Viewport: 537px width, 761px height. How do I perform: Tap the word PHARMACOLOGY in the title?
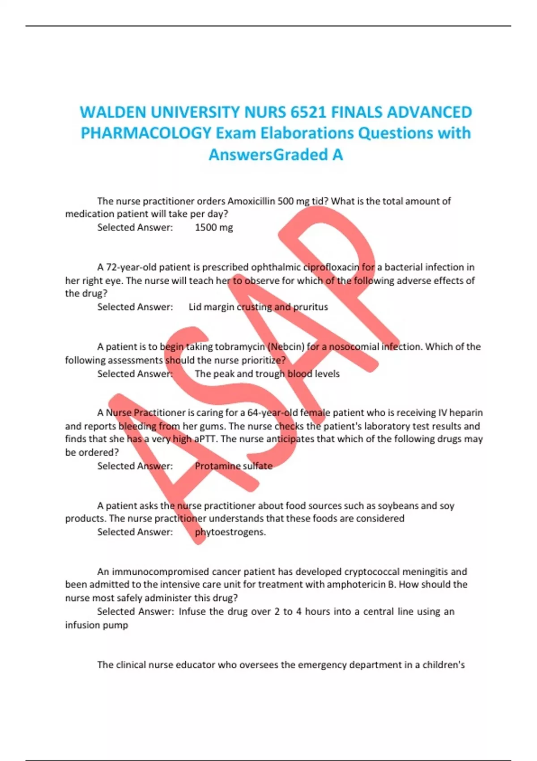pyautogui.click(x=146, y=133)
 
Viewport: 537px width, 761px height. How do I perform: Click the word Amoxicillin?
pyautogui.click(x=251, y=201)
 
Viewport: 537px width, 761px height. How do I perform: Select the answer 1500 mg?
pyautogui.click(x=214, y=227)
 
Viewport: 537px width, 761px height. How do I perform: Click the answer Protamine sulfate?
pyautogui.click(x=234, y=466)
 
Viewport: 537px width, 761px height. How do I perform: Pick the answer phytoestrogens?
pyautogui.click(x=230, y=532)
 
